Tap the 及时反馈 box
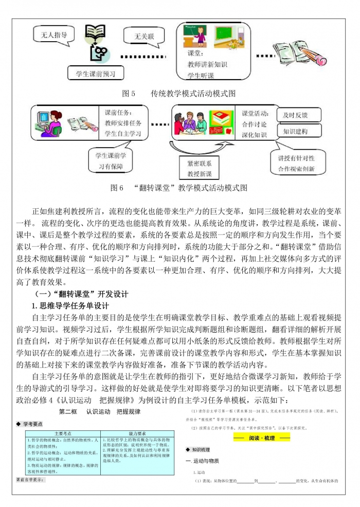(299, 115)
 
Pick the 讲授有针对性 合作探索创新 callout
(296, 163)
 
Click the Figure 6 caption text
(179, 188)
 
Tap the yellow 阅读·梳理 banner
(262, 438)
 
